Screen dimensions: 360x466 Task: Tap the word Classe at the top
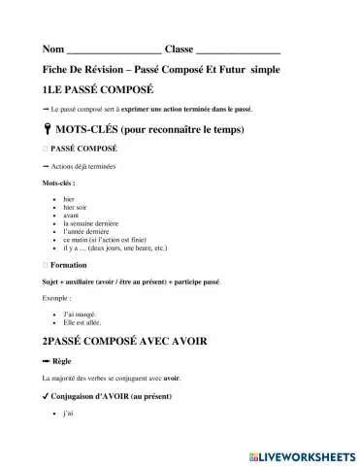179,49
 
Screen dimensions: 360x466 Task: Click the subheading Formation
69,264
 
